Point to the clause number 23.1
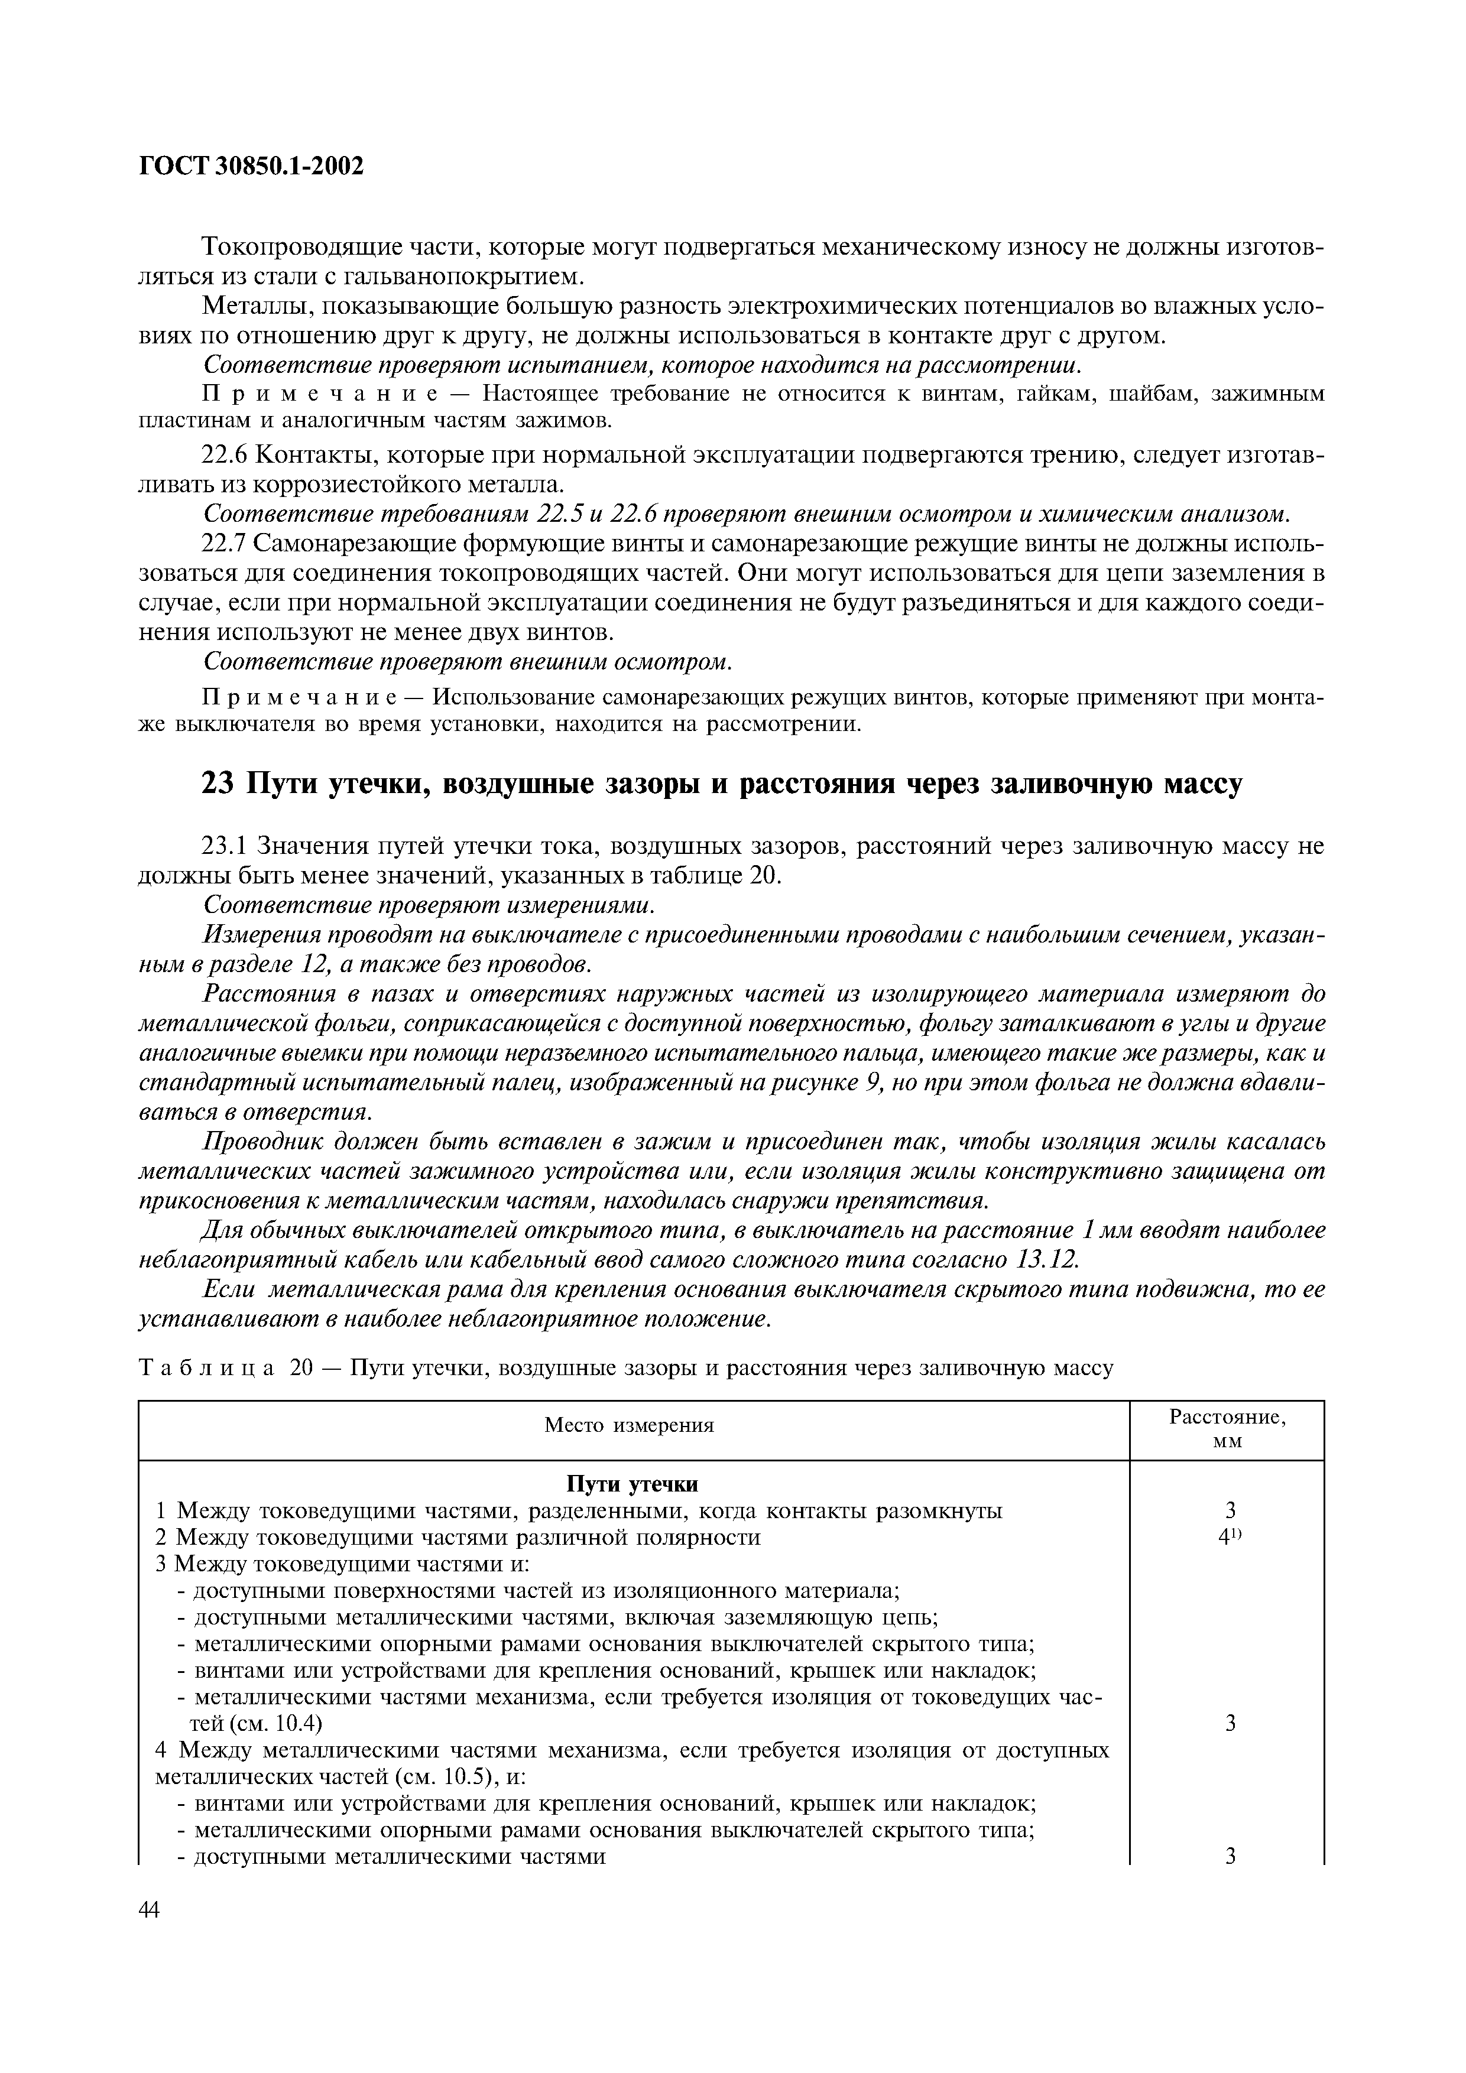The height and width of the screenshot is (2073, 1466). (x=226, y=846)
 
